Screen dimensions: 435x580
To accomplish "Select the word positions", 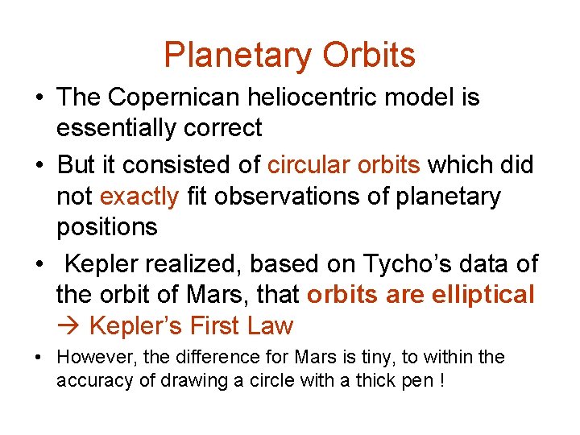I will pyautogui.click(x=106, y=226).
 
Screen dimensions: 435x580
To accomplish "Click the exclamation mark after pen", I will pyautogui.click(x=441, y=379).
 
